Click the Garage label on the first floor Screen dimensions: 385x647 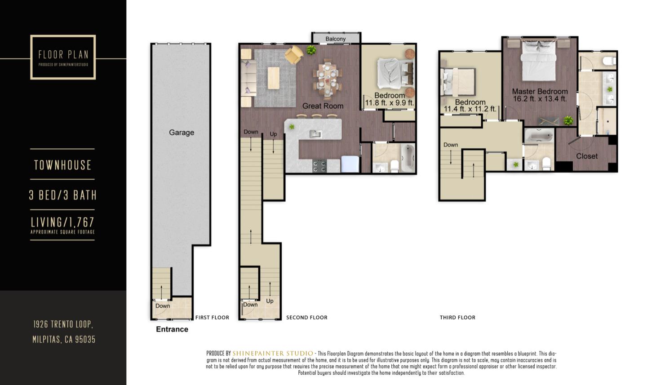pyautogui.click(x=182, y=133)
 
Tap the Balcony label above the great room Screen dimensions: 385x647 pyautogui.click(x=336, y=39)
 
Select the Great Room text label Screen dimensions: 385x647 pyautogui.click(x=323, y=106)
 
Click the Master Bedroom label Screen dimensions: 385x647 pyautogui.click(x=540, y=91)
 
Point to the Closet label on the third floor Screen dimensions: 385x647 pyautogui.click(x=587, y=156)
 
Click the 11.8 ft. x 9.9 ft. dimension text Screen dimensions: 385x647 pyautogui.click(x=389, y=103)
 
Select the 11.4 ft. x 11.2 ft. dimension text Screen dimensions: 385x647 pyautogui.click(x=470, y=109)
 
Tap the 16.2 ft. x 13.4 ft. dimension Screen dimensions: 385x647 pyautogui.click(x=540, y=99)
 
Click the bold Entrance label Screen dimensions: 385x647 pyautogui.click(x=172, y=329)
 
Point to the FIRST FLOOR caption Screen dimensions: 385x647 pyautogui.click(x=212, y=318)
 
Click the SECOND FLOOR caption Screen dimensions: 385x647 pyautogui.click(x=307, y=318)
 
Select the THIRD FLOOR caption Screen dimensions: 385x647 pyautogui.click(x=457, y=318)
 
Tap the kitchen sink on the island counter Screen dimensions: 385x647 pyautogui.click(x=315, y=133)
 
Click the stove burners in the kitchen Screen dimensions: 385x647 pyautogui.click(x=319, y=166)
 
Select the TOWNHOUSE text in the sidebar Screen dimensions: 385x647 pyautogui.click(x=63, y=165)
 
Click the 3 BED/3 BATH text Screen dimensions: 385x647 pyautogui.click(x=63, y=195)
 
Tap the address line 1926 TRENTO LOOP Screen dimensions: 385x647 pyautogui.click(x=63, y=324)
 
